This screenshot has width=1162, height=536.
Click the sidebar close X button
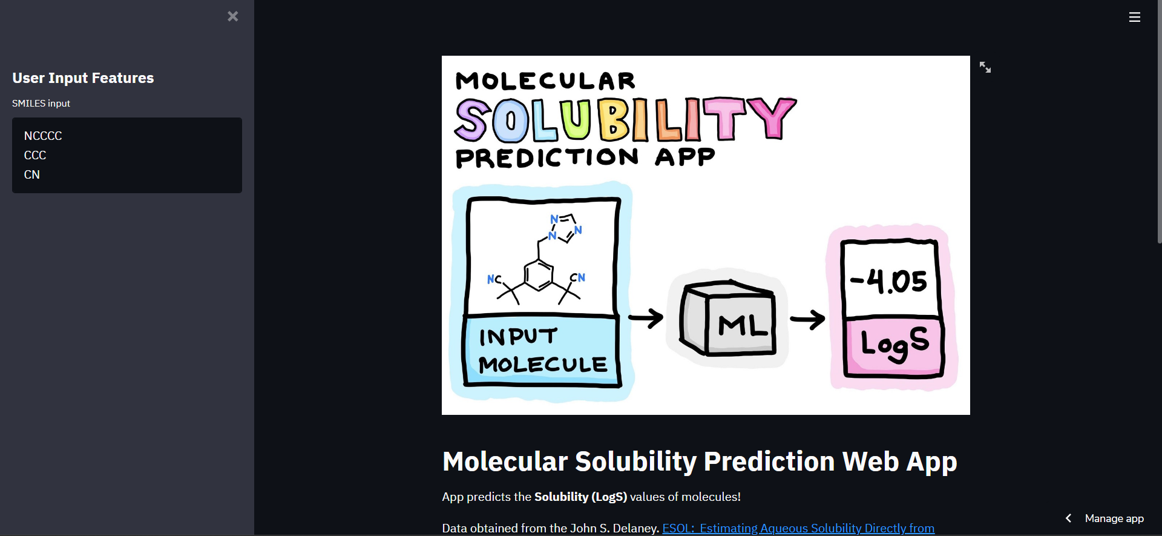(232, 16)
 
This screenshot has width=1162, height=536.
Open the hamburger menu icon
(1135, 18)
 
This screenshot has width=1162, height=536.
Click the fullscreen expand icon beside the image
(985, 67)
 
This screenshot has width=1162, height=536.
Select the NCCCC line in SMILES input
(43, 136)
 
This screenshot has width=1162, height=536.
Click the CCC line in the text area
(35, 155)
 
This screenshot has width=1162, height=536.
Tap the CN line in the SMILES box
(32, 174)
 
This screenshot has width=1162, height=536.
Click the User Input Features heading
(83, 78)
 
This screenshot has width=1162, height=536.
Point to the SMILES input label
(41, 104)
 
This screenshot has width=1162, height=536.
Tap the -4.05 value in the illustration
(888, 281)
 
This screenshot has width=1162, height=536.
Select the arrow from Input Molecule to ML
(646, 317)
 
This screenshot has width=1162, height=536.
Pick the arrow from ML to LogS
(808, 319)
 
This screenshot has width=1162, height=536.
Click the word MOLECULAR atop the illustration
(545, 81)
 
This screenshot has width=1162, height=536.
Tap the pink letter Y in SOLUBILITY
(772, 117)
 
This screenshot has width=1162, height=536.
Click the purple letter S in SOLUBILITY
(472, 120)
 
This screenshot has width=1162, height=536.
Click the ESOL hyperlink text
(798, 528)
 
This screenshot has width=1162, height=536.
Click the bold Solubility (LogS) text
(581, 497)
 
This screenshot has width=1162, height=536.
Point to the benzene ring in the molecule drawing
(538, 276)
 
